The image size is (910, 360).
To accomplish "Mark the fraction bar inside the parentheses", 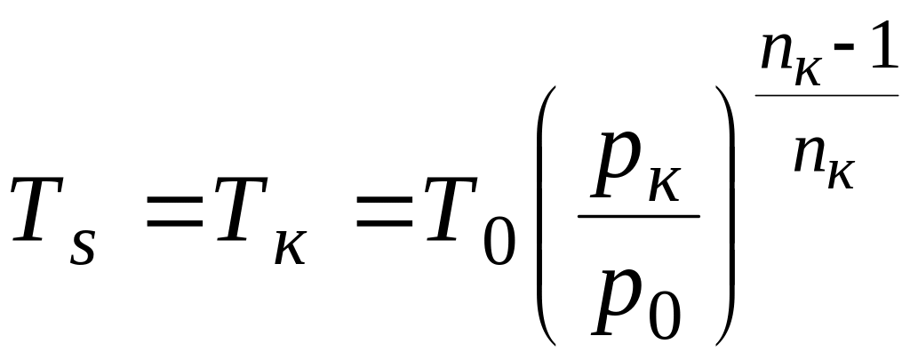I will pos(638,216).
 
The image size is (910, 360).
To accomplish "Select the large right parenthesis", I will pos(727,218).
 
